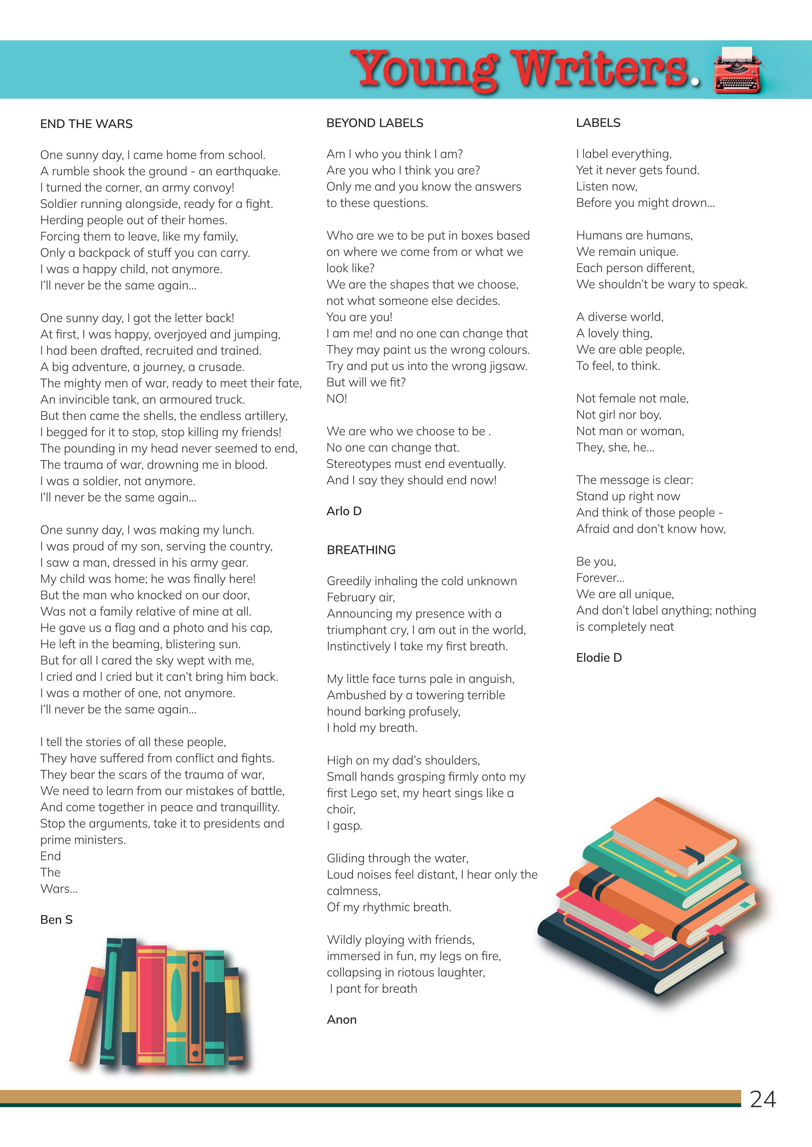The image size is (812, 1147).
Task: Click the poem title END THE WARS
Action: coord(86,124)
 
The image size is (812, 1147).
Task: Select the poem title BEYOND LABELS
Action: coord(374,123)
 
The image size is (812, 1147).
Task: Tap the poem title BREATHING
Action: coord(361,550)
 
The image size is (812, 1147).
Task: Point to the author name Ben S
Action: coord(56,919)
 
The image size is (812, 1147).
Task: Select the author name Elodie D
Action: coord(598,657)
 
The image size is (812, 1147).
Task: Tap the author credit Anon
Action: coord(341,1019)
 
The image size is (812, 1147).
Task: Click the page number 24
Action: coord(762,1099)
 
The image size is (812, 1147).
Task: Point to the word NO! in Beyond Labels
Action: coord(337,399)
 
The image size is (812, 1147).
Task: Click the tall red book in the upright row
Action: coord(151,1005)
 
